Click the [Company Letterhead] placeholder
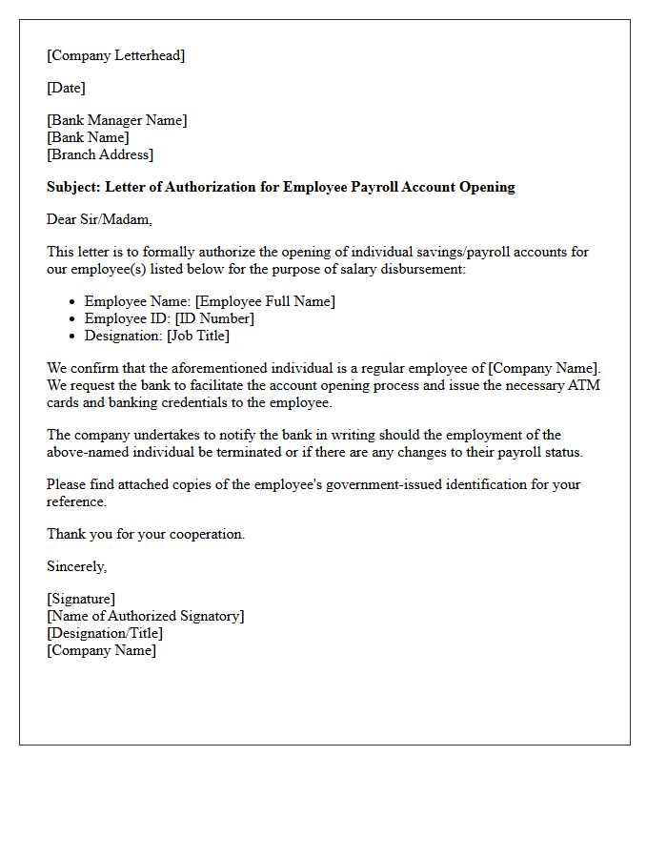click(x=115, y=55)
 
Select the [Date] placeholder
click(x=66, y=88)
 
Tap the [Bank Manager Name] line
click(x=116, y=120)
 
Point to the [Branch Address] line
click(x=99, y=154)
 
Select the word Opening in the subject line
click(x=486, y=187)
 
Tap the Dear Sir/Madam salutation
click(x=99, y=219)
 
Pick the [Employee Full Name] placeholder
click(x=265, y=301)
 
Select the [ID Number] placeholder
click(x=214, y=318)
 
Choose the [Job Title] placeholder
click(x=198, y=336)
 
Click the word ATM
click(x=582, y=385)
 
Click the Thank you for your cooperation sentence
click(x=146, y=534)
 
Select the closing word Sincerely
click(x=76, y=566)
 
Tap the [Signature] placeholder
click(x=81, y=599)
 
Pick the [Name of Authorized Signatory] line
click(x=145, y=616)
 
